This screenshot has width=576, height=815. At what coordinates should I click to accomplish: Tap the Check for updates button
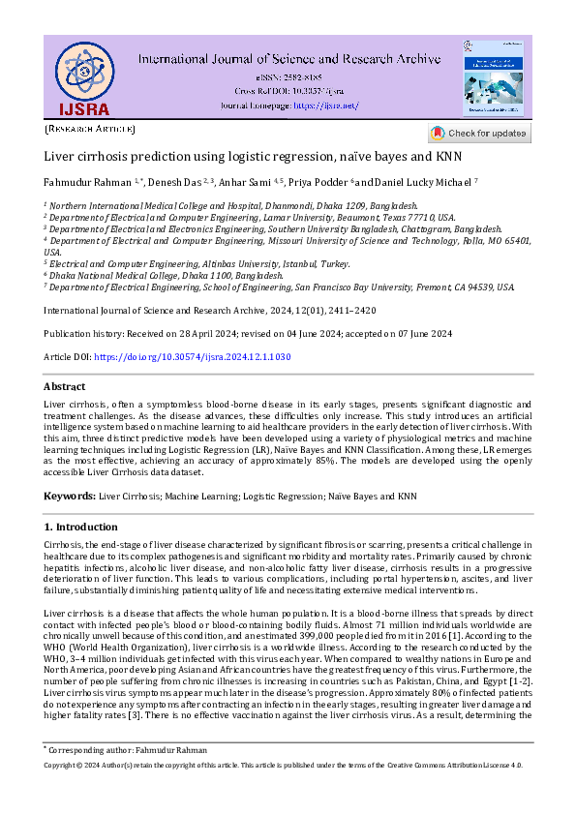[x=479, y=133]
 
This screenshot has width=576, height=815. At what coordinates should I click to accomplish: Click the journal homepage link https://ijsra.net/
[x=325, y=105]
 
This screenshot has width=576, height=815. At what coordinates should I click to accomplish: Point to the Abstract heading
[x=65, y=386]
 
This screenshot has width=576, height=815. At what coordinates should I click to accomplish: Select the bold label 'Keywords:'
[x=70, y=496]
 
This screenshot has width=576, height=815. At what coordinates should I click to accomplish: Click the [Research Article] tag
[x=90, y=128]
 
